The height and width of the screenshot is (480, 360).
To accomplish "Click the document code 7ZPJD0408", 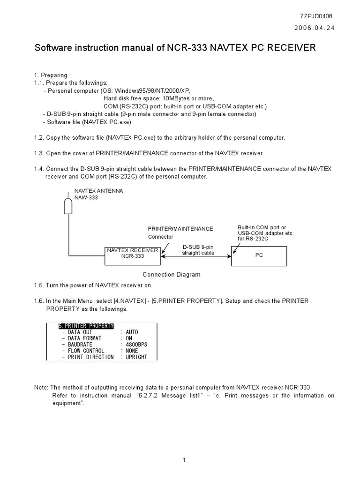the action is pyautogui.click(x=316, y=16).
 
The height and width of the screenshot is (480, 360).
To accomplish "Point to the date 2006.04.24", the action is pyautogui.click(x=315, y=28).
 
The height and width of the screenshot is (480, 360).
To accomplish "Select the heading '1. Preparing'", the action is pyautogui.click(x=51, y=75).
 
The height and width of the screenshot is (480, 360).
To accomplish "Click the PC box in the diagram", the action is pyautogui.click(x=259, y=256).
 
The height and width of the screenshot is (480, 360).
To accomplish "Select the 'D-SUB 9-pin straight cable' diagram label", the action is pyautogui.click(x=198, y=249).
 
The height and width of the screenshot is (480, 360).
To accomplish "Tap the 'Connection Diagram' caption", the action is pyautogui.click(x=172, y=275).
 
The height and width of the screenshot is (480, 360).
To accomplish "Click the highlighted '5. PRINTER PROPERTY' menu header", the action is pyautogui.click(x=86, y=326).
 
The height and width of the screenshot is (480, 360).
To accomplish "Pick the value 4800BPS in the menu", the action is pyautogui.click(x=136, y=345).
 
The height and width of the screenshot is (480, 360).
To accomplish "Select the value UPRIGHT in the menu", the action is pyautogui.click(x=136, y=357).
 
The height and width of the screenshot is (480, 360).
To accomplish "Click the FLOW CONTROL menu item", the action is pyautogui.click(x=86, y=351).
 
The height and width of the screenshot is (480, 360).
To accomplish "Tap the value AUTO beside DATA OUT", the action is pyautogui.click(x=132, y=332).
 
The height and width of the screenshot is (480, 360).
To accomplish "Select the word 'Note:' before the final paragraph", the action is pyautogui.click(x=41, y=388).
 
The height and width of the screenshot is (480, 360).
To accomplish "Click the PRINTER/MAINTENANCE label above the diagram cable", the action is pyautogui.click(x=180, y=229).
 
